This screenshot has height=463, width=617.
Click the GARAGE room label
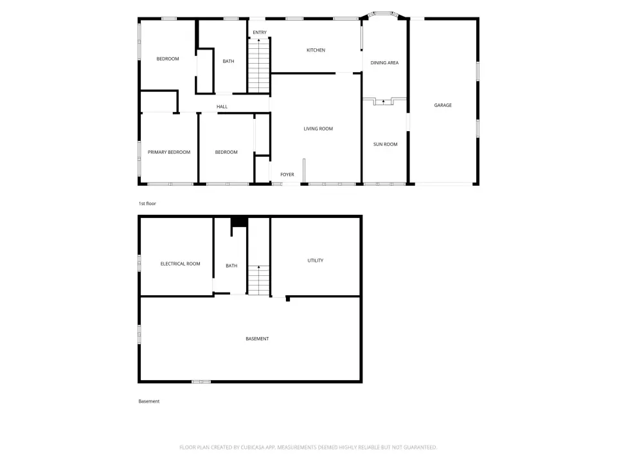(x=443, y=105)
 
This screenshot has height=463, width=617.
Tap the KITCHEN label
(x=316, y=50)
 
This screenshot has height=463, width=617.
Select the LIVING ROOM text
(x=318, y=129)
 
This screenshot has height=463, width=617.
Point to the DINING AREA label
(x=384, y=62)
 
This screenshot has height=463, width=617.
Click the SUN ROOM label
(x=385, y=144)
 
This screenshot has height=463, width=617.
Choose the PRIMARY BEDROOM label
(x=169, y=152)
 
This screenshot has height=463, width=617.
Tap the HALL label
(x=222, y=106)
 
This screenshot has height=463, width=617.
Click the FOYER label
(x=287, y=174)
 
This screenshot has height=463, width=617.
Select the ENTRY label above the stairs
(x=260, y=32)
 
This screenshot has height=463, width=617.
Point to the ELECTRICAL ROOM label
(x=180, y=264)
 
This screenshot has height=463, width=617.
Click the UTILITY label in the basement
(x=315, y=260)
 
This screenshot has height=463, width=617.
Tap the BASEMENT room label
(x=257, y=339)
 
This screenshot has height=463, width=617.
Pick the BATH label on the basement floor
(x=231, y=266)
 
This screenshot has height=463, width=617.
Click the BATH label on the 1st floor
(x=228, y=61)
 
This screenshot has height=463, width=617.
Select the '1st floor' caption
(x=147, y=204)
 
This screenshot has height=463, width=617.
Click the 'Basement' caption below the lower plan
(x=148, y=401)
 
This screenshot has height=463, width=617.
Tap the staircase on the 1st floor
(x=258, y=66)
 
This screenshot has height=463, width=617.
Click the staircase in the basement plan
(x=258, y=280)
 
